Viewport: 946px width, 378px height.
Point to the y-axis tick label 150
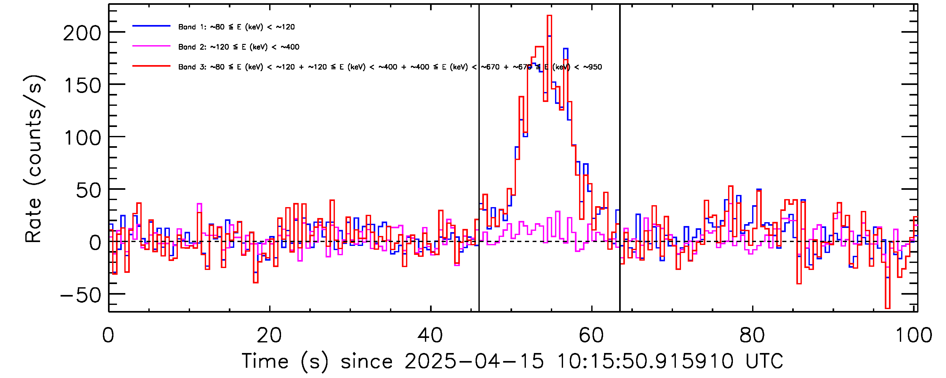pos(82,86)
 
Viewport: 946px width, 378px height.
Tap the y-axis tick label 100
pos(82,139)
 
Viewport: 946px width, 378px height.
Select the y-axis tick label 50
pos(88,191)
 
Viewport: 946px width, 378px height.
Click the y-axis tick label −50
pos(81,295)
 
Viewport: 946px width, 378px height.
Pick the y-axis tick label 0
pos(95,243)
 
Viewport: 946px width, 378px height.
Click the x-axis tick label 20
pos(269,335)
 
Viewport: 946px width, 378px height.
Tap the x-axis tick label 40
pos(430,335)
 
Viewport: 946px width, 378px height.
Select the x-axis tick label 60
pos(591,335)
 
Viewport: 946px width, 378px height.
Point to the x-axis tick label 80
pos(752,335)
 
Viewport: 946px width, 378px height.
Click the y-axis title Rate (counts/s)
pos(34,159)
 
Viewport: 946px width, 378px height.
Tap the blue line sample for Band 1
pos(151,26)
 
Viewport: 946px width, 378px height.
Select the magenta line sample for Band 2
pos(151,46)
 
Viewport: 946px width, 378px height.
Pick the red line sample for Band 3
pos(151,66)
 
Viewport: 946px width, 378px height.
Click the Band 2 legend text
pos(239,47)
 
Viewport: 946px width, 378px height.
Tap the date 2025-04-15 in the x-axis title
pos(474,361)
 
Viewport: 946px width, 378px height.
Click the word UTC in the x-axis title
pos(764,361)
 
